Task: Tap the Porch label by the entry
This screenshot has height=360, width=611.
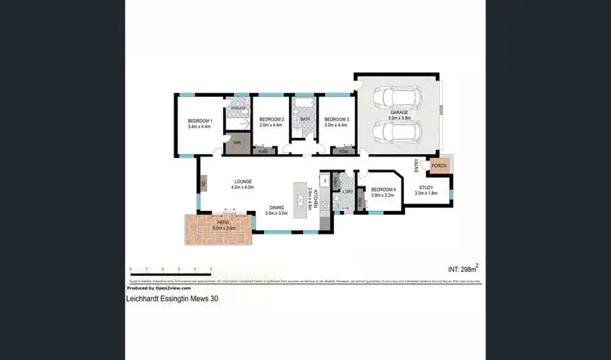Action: [438, 166]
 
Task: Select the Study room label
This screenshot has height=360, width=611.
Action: [426, 191]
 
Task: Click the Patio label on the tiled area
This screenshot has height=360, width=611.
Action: [222, 223]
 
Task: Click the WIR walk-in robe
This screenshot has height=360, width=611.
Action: [237, 143]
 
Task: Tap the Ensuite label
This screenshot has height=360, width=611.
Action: [238, 108]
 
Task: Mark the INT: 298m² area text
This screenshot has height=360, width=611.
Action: [463, 269]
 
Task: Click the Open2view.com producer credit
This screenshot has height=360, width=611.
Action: [159, 288]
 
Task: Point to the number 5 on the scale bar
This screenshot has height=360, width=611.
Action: [211, 269]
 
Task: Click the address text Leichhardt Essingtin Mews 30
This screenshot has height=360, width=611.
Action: [172, 298]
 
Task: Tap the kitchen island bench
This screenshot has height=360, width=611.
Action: [310, 200]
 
